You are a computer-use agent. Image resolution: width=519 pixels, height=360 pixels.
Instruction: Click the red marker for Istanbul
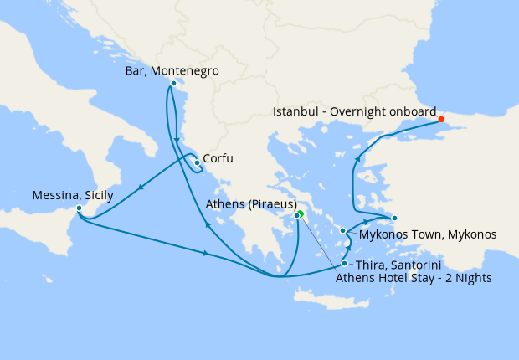tap(441, 119)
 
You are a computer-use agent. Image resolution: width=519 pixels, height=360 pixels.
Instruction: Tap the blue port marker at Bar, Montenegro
tap(173, 83)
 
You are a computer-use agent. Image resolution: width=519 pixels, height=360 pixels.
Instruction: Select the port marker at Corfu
tap(197, 162)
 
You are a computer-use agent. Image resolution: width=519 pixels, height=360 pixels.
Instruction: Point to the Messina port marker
tap(79, 208)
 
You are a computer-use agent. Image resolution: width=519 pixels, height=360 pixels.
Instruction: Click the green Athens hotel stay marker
tap(301, 213)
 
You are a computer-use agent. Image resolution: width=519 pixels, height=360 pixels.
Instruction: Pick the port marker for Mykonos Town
tap(343, 230)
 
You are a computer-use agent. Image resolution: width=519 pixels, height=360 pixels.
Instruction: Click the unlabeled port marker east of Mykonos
tap(394, 218)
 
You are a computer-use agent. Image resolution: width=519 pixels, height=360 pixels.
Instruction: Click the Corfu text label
tap(218, 158)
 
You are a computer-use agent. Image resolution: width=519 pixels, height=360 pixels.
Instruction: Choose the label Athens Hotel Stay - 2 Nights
tap(414, 278)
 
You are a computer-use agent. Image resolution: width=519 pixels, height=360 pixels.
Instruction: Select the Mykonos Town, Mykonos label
tap(428, 234)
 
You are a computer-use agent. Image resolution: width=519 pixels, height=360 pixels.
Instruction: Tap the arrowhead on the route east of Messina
tap(206, 252)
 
